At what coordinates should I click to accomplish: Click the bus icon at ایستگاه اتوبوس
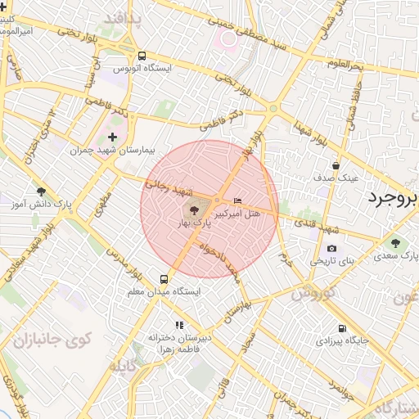click(142, 56)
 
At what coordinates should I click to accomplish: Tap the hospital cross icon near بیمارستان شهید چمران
click(112, 137)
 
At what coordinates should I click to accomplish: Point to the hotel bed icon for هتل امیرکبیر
click(238, 200)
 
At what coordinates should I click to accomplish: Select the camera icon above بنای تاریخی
click(331, 248)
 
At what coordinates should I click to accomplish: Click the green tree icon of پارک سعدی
click(395, 243)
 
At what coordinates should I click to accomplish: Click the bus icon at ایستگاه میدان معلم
click(164, 278)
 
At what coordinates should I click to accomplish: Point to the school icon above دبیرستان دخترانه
click(180, 325)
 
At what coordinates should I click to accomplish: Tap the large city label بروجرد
click(393, 197)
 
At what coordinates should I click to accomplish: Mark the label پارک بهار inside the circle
click(196, 222)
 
